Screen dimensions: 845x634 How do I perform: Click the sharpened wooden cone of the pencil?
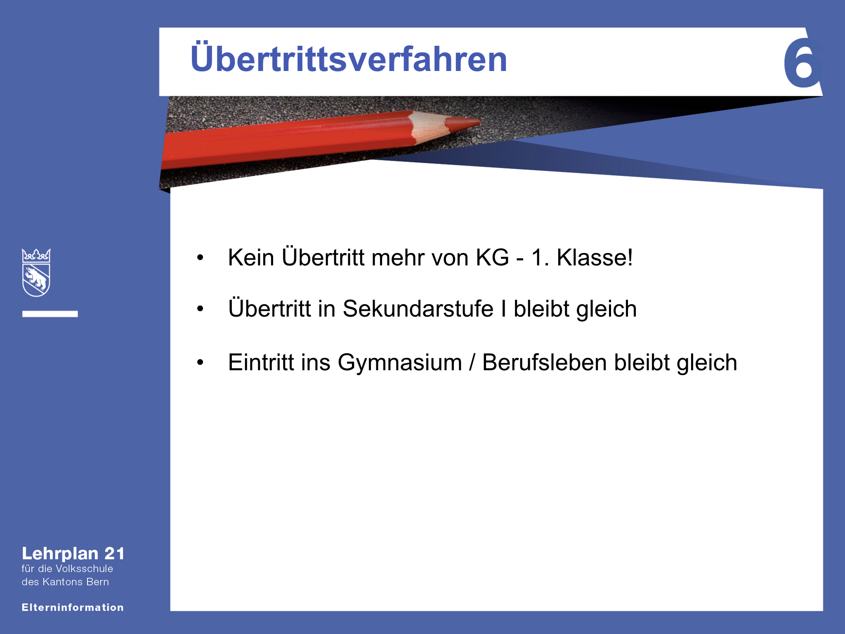click(x=429, y=127)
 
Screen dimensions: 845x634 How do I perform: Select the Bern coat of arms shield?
click(x=36, y=273)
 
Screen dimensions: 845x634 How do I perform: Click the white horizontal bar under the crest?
click(x=50, y=314)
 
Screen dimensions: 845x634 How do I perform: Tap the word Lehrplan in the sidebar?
click(x=60, y=554)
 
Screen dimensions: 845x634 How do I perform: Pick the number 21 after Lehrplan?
click(x=115, y=554)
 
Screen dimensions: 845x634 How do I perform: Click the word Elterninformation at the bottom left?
click(x=73, y=607)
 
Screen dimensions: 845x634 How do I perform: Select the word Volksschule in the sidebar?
click(x=84, y=568)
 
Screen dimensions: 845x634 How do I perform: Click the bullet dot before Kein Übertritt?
click(x=201, y=258)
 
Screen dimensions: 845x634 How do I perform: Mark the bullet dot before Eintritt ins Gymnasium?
click(x=201, y=363)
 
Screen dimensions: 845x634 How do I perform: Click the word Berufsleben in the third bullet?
click(x=545, y=362)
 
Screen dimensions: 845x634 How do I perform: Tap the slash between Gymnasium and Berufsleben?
click(x=472, y=362)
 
